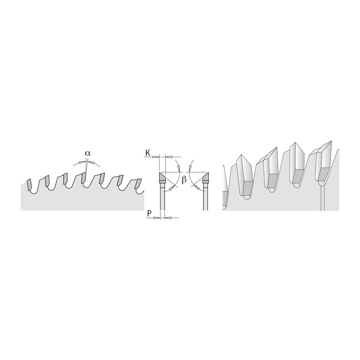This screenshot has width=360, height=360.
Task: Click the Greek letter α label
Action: pos(87,153)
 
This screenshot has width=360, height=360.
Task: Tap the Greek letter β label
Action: pos(184,181)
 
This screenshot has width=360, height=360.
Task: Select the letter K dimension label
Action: pos(148,153)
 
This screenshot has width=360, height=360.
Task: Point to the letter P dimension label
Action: pos(149,214)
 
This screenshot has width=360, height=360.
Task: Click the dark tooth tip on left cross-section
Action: pos(162,177)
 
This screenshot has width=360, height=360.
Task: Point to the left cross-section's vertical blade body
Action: pos(162,198)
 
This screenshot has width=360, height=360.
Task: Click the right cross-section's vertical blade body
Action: pos(205,198)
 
